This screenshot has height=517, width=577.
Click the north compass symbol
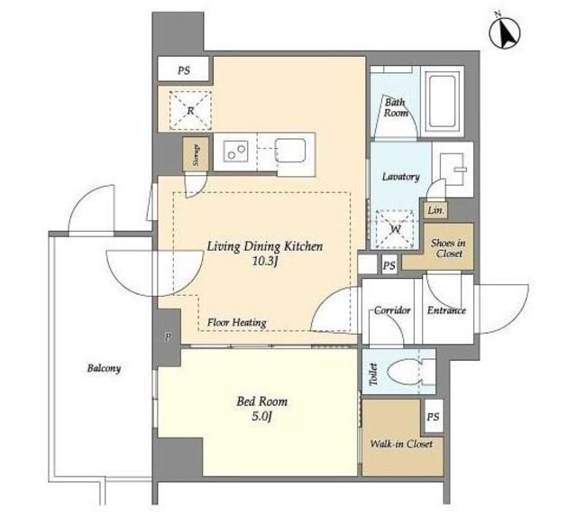pyautogui.click(x=504, y=32)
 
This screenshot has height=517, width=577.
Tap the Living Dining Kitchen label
pyautogui.click(x=264, y=246)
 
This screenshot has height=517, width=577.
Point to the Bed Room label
pyautogui.click(x=262, y=401)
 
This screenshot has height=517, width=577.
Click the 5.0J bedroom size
pyautogui.click(x=262, y=417)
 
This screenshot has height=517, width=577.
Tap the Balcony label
pyautogui.click(x=105, y=368)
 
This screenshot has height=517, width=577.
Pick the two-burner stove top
pyautogui.click(x=235, y=152)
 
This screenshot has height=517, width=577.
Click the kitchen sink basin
pyautogui.click(x=290, y=153)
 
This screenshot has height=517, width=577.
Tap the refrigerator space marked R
pyautogui.click(x=190, y=110)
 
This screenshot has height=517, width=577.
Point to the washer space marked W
pyautogui.click(x=395, y=229)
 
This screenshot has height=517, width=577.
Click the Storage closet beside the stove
pyautogui.click(x=196, y=154)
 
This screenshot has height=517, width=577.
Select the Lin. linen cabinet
pyautogui.click(x=435, y=210)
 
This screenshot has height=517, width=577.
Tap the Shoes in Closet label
pyautogui.click(x=448, y=248)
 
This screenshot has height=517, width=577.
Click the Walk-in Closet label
pyautogui.click(x=401, y=444)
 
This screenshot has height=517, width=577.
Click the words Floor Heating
pyautogui.click(x=236, y=323)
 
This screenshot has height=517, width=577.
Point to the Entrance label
pyautogui.click(x=446, y=310)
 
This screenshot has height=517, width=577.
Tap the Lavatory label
pyautogui.click(x=400, y=177)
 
